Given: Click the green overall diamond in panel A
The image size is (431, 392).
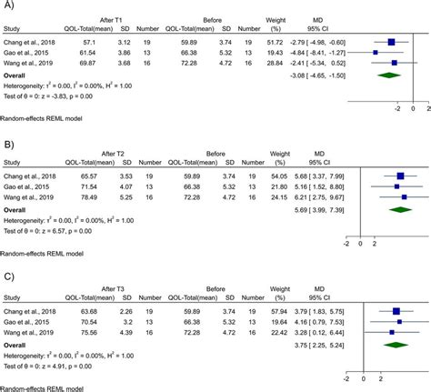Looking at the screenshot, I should pyautogui.click(x=388, y=77).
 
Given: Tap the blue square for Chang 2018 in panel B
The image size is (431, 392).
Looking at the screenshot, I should pyautogui.click(x=401, y=176).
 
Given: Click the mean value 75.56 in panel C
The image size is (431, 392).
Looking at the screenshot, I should pyautogui.click(x=90, y=331).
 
